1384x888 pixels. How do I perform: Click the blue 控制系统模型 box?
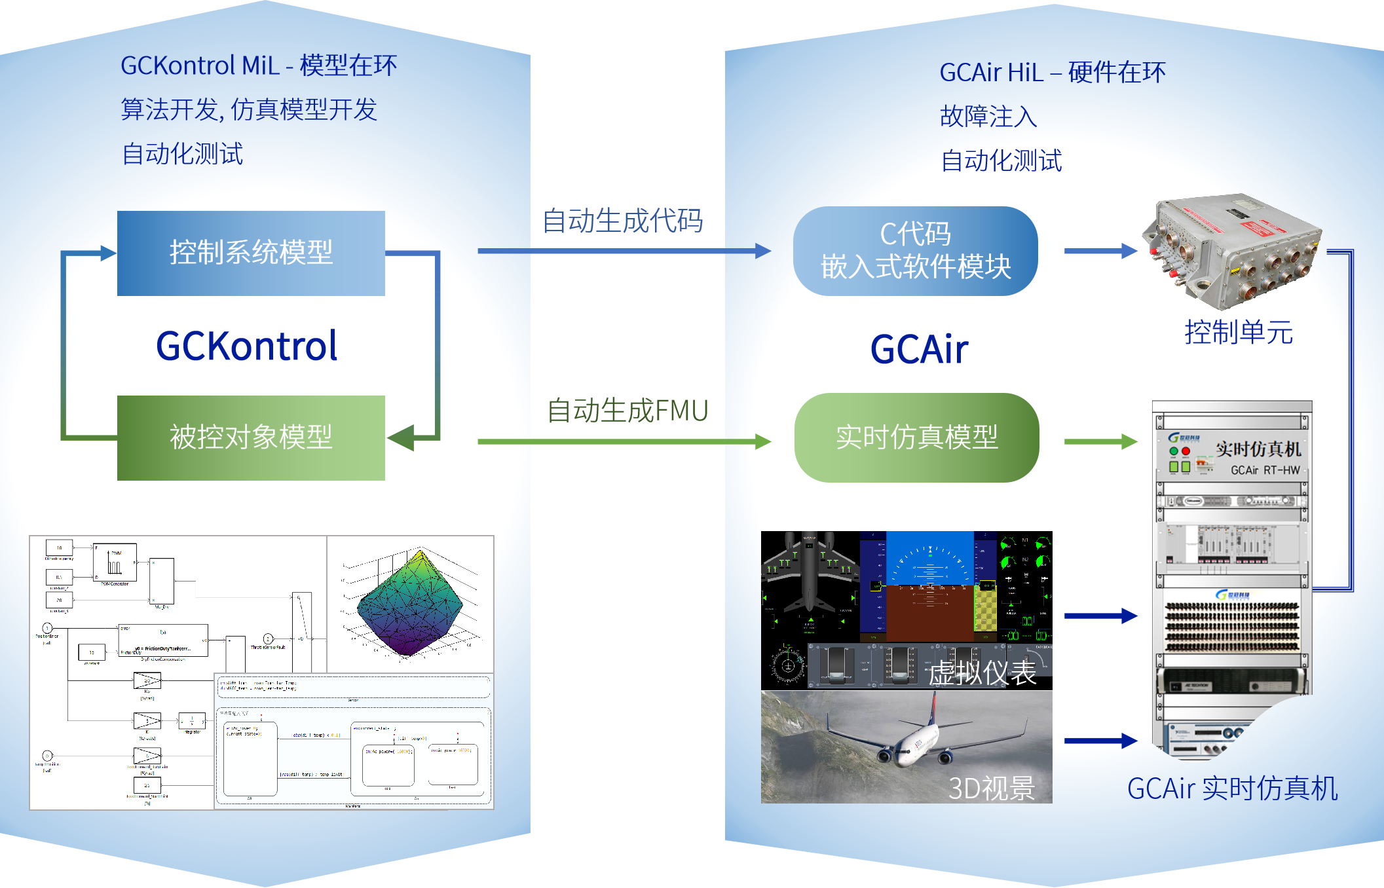tap(251, 253)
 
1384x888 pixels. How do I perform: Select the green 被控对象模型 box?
tap(251, 437)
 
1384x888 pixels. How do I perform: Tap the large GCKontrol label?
tap(246, 346)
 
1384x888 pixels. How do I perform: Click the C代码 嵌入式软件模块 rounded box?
tap(915, 251)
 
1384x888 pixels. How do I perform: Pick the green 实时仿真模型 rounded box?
tap(916, 437)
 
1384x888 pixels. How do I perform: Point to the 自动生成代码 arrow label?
tap(623, 221)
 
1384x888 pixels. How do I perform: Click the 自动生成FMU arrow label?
tap(627, 411)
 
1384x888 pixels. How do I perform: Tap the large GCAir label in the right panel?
tap(919, 349)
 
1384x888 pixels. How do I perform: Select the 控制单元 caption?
tap(1238, 333)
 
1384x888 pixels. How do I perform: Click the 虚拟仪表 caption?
tap(982, 673)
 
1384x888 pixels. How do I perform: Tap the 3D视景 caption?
tap(992, 788)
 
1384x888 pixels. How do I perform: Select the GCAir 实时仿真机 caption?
tap(1232, 788)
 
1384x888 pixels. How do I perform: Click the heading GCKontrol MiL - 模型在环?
tap(259, 65)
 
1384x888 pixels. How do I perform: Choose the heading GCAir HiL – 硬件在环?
tap(1053, 73)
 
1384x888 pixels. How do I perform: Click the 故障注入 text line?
tap(988, 117)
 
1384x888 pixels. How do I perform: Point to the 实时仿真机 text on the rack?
tap(1258, 449)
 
